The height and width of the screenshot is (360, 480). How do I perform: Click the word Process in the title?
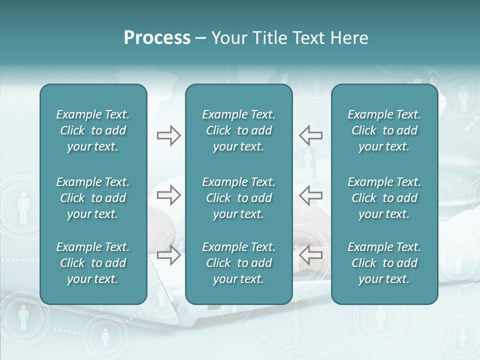pyautogui.click(x=157, y=38)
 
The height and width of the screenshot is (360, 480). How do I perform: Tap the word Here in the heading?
pyautogui.click(x=349, y=38)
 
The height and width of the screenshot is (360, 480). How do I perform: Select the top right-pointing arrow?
pyautogui.click(x=169, y=135)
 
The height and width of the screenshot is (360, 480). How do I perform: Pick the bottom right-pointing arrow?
pyautogui.click(x=169, y=255)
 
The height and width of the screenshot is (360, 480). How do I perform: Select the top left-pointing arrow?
pyautogui.click(x=310, y=135)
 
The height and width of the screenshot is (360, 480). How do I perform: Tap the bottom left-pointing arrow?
pyautogui.click(x=310, y=255)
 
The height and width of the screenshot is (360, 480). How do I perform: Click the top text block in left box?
pyautogui.click(x=93, y=130)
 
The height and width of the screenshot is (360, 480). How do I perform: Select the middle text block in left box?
pyautogui.click(x=93, y=198)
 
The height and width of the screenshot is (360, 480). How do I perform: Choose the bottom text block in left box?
pyautogui.click(x=93, y=263)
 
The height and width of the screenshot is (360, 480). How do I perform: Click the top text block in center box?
pyautogui.click(x=238, y=130)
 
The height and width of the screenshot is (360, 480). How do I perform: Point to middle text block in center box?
pyautogui.click(x=238, y=198)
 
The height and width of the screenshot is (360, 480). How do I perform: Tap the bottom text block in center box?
pyautogui.click(x=238, y=263)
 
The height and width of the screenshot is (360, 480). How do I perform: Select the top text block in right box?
pyautogui.click(x=384, y=130)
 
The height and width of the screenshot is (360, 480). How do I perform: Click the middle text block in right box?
pyautogui.click(x=384, y=198)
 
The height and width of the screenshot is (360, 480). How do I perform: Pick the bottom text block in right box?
pyautogui.click(x=384, y=263)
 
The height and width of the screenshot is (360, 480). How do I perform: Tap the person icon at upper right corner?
pyautogui.click(x=463, y=97)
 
